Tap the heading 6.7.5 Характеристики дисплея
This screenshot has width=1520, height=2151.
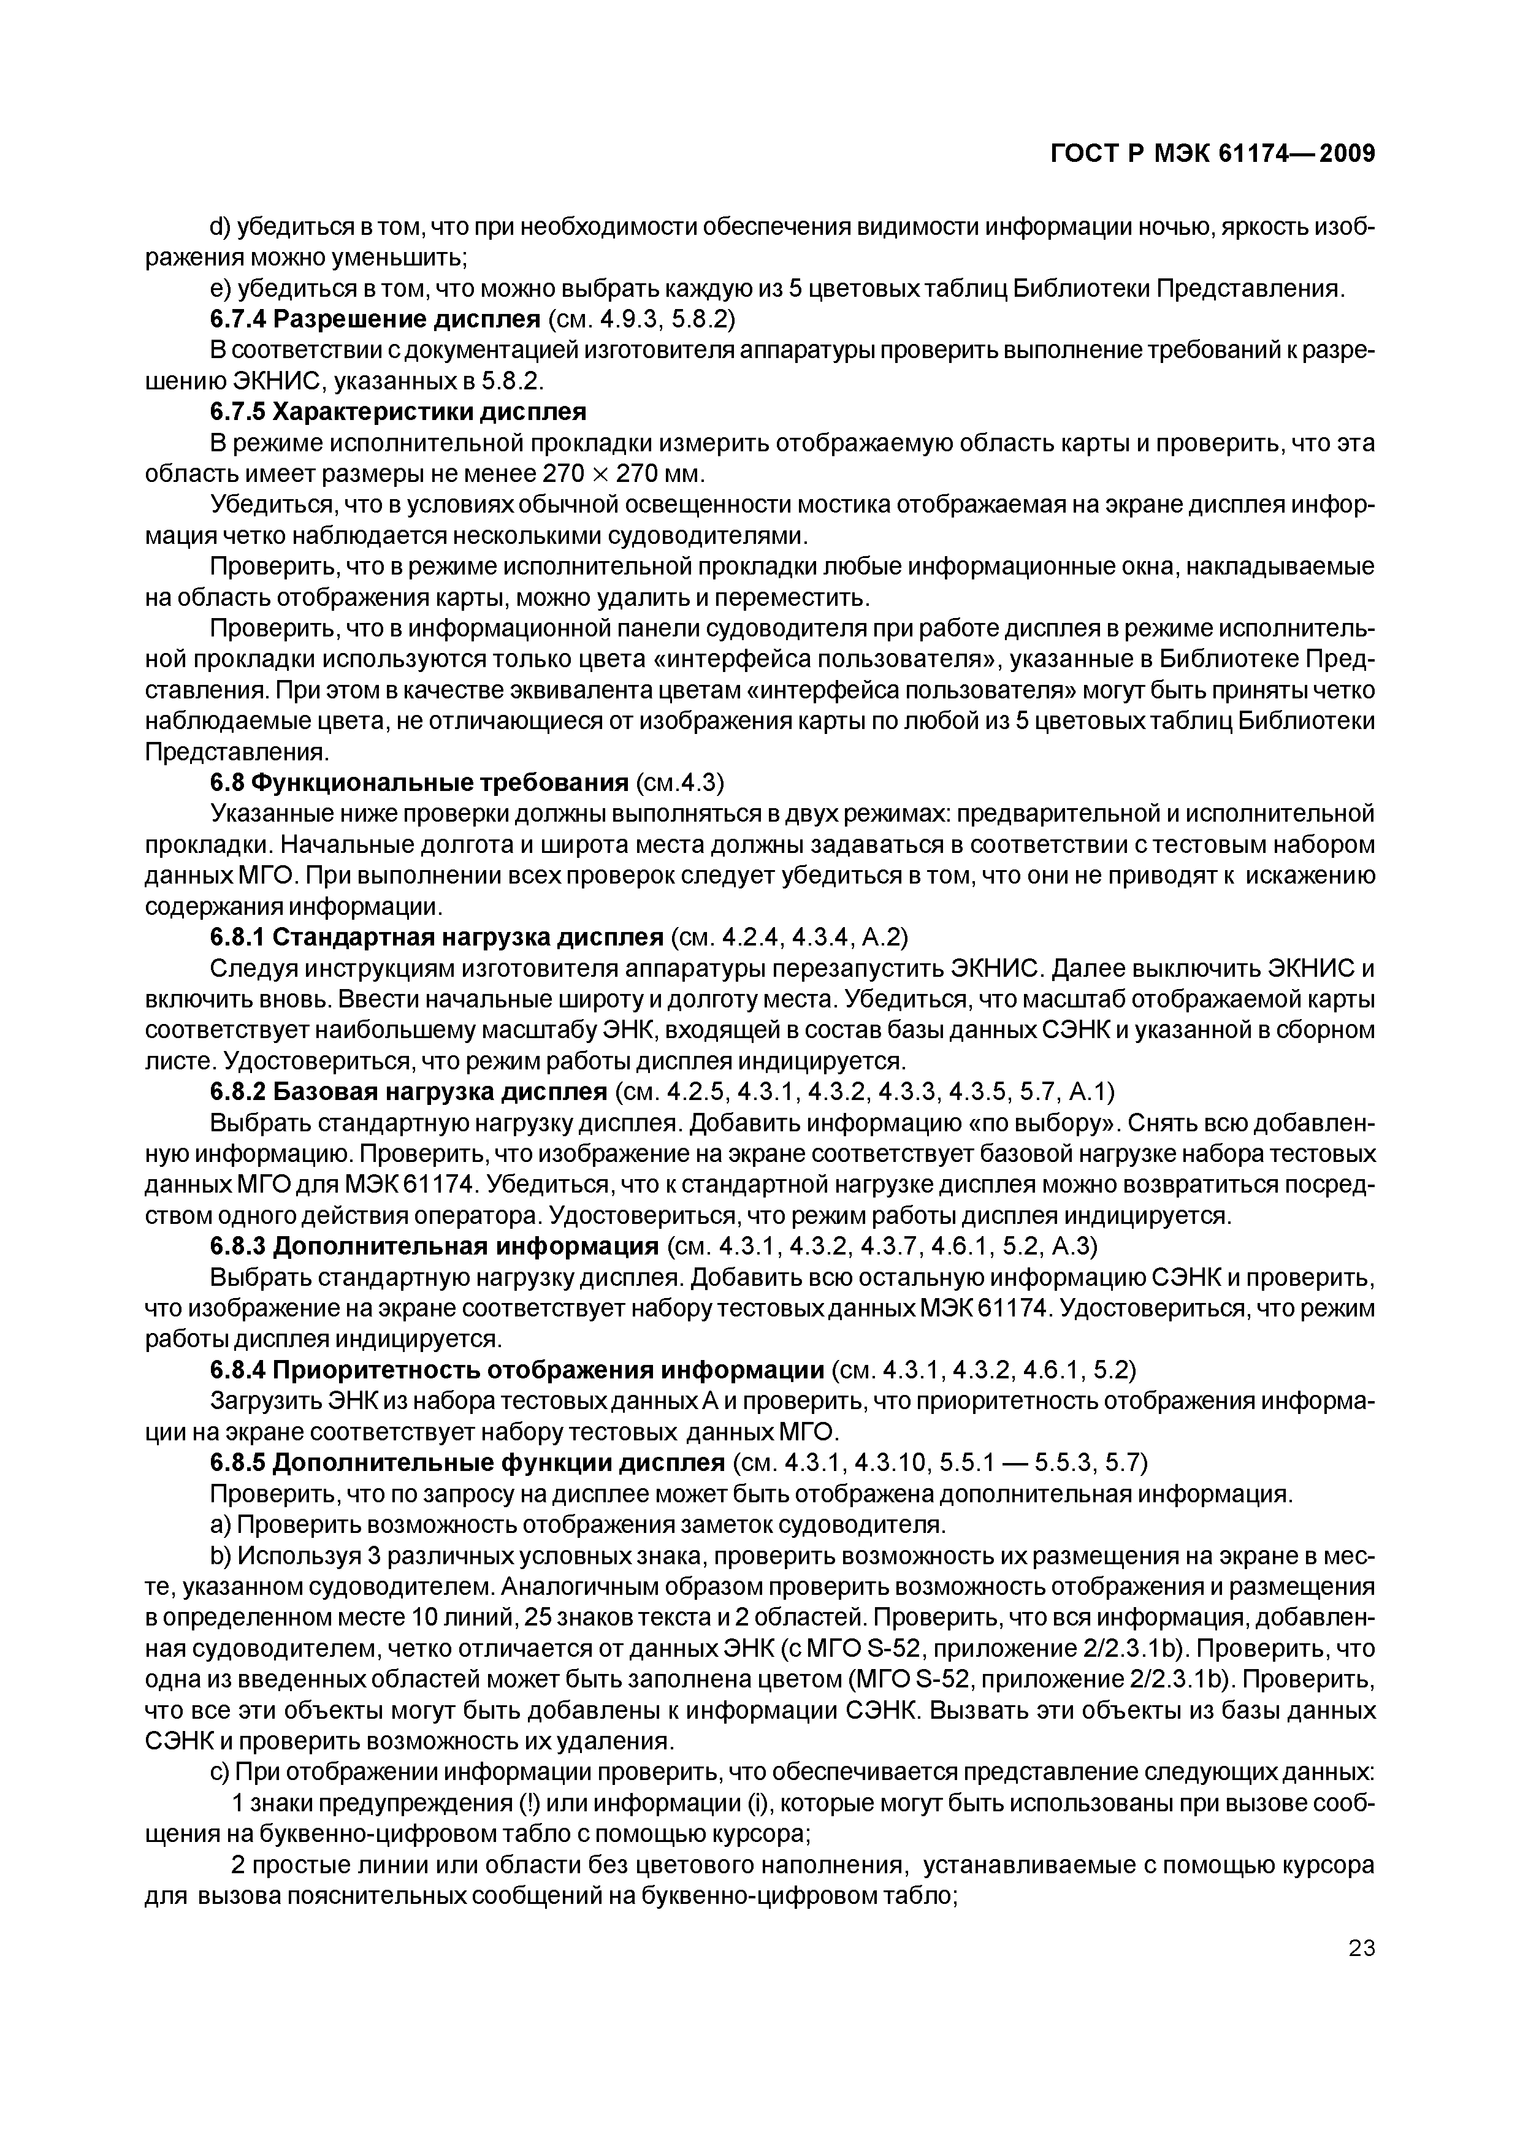398,412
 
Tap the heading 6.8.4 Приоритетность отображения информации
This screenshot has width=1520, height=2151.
517,1370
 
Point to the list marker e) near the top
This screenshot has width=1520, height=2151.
220,289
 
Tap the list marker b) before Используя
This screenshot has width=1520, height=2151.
220,1556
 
